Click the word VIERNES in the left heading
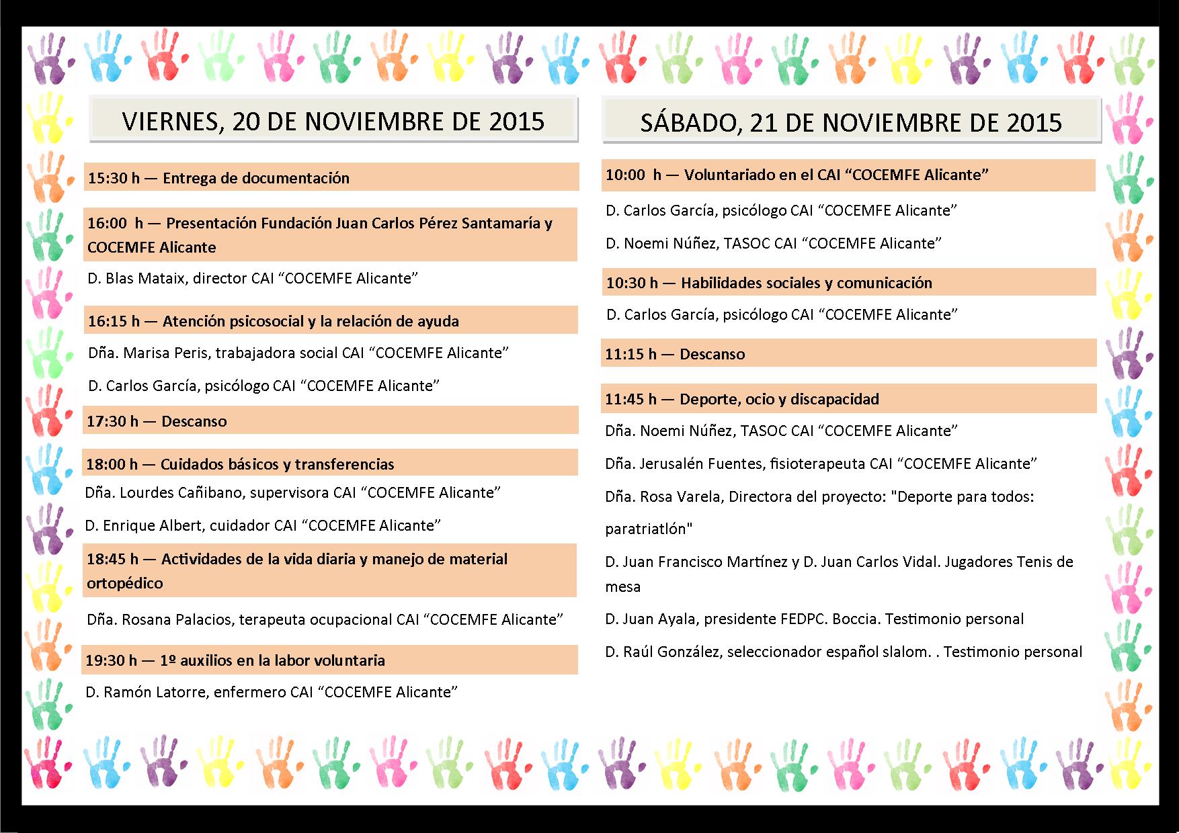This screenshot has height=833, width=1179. [x=170, y=121]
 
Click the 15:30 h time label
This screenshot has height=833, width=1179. [x=114, y=178]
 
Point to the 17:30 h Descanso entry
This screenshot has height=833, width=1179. [x=157, y=421]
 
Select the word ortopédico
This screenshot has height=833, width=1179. [x=125, y=583]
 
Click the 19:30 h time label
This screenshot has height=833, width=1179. [x=111, y=660]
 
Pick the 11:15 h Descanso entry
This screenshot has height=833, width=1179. [x=675, y=354]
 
